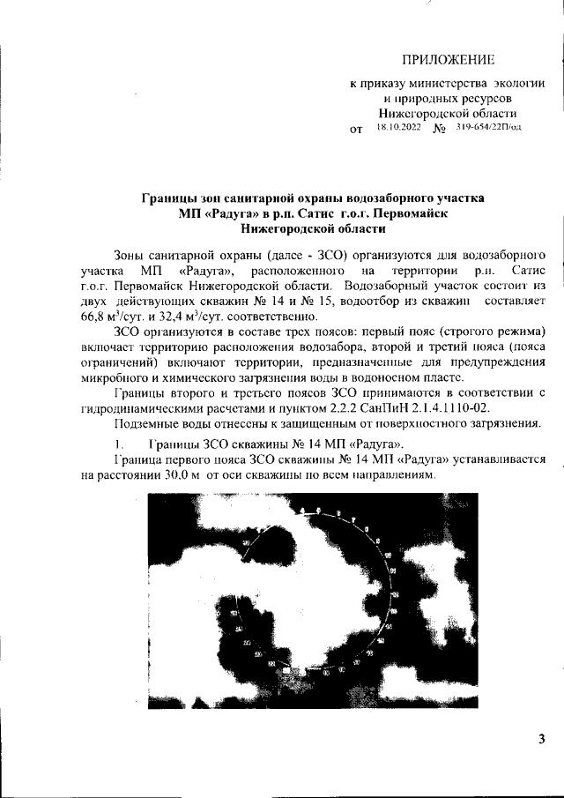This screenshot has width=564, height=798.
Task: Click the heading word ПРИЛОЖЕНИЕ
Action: click(448, 60)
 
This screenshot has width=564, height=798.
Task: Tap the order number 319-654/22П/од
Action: click(489, 128)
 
